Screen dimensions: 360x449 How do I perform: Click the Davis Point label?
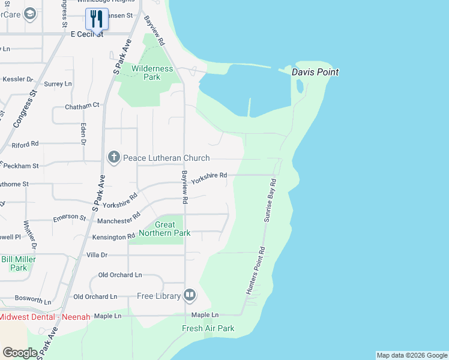pyautogui.click(x=315, y=72)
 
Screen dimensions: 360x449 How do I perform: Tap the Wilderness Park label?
pyautogui.click(x=152, y=73)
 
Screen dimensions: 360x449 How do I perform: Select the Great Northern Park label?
pyautogui.click(x=164, y=229)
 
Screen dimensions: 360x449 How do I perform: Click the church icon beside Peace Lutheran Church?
pyautogui.click(x=113, y=158)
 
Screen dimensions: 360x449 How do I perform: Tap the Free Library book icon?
pyautogui.click(x=190, y=295)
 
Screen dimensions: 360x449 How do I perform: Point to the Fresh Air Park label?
pyautogui.click(x=208, y=328)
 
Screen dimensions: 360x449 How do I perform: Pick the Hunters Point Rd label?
pyautogui.click(x=255, y=271)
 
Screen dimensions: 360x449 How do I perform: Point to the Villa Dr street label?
pyautogui.click(x=97, y=255)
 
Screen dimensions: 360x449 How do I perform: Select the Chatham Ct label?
pyautogui.click(x=82, y=106)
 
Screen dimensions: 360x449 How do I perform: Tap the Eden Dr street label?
pyautogui.click(x=83, y=133)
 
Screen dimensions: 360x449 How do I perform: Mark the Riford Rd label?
pyautogui.click(x=25, y=144)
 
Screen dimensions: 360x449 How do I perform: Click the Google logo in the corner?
pyautogui.click(x=20, y=352)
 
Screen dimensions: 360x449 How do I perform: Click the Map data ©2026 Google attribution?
pyautogui.click(x=412, y=355)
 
